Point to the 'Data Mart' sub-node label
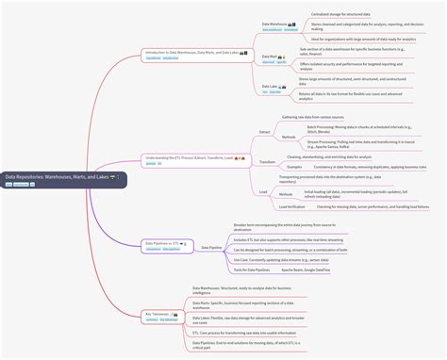[x=271, y=57]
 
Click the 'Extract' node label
[x=265, y=133]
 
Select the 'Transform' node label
[x=267, y=162]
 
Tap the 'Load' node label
[x=263, y=192]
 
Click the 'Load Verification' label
[x=291, y=206]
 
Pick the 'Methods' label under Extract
[x=289, y=137]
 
